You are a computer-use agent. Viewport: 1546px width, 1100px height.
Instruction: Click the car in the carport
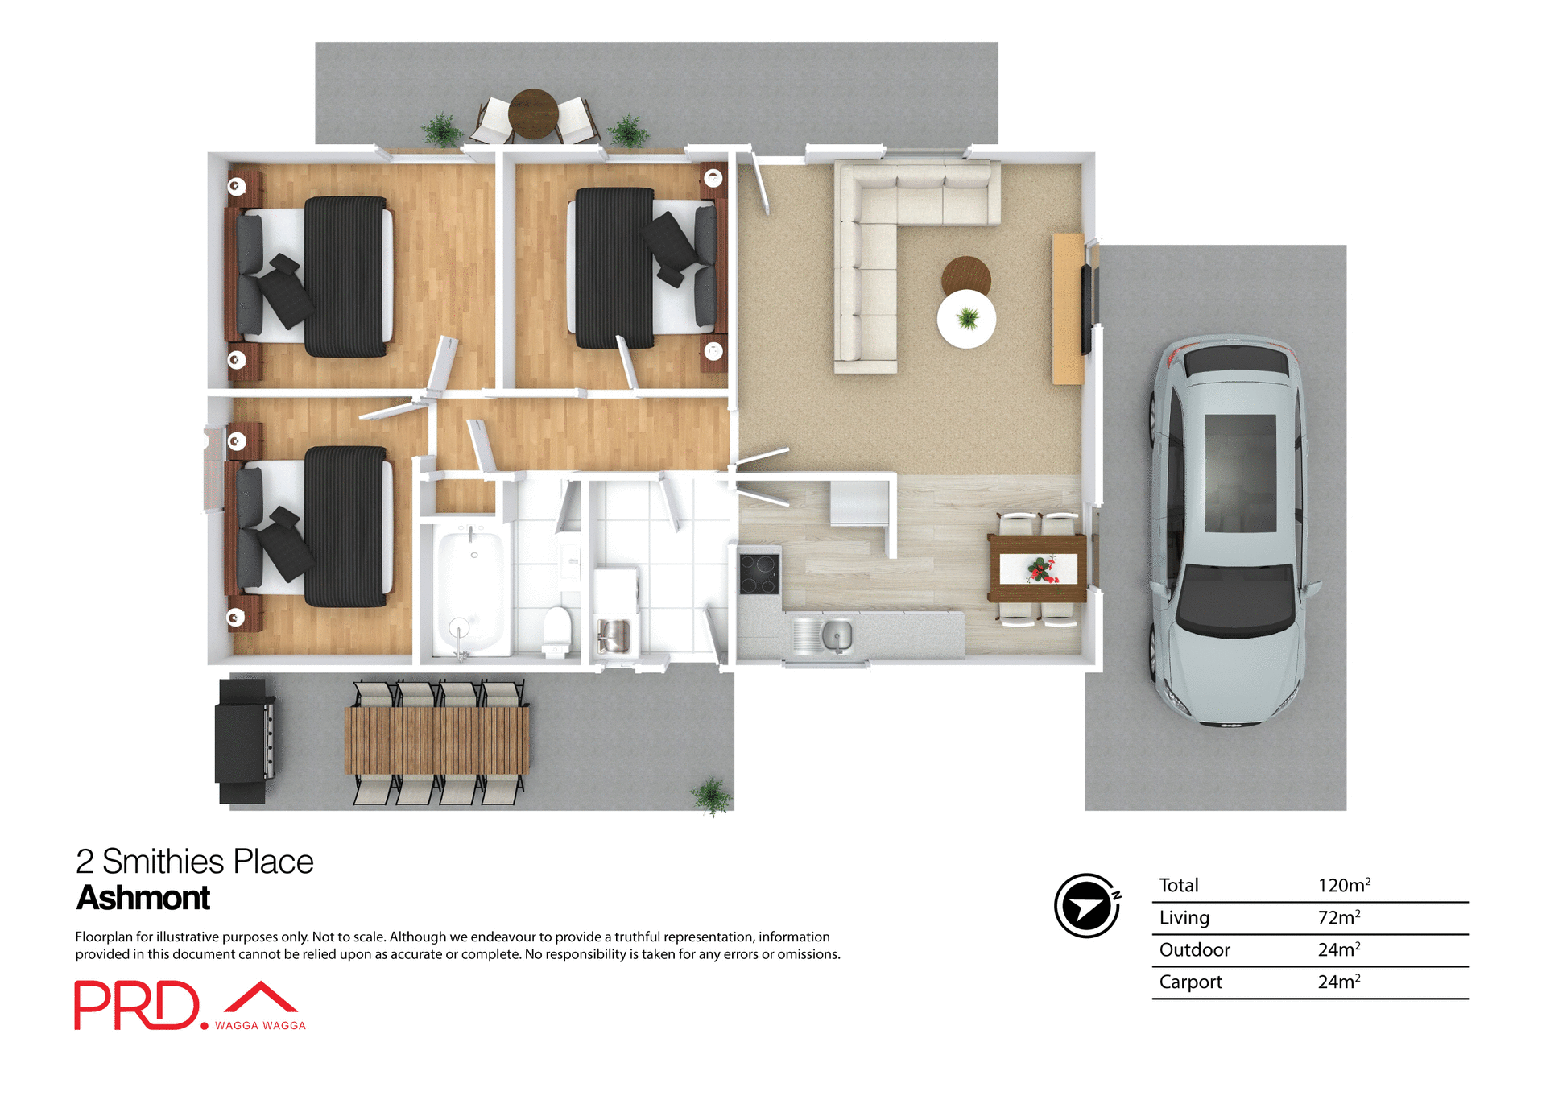[x=1228, y=531]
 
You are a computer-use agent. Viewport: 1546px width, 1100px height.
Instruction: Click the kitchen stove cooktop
[x=759, y=573]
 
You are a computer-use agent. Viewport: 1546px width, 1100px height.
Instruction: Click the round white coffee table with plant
[x=966, y=319]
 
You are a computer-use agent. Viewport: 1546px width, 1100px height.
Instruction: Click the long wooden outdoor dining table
[x=437, y=741]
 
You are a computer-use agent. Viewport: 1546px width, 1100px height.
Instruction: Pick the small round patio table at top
[x=533, y=114]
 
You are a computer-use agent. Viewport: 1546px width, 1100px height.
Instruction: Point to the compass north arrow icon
[x=1086, y=906]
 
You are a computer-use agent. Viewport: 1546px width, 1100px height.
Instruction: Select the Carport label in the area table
[x=1190, y=982]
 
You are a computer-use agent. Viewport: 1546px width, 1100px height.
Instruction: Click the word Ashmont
[x=143, y=898]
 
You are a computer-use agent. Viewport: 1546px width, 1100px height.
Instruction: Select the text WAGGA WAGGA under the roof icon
[x=260, y=1026]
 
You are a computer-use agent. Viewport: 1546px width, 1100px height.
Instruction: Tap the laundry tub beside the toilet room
[x=614, y=636]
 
